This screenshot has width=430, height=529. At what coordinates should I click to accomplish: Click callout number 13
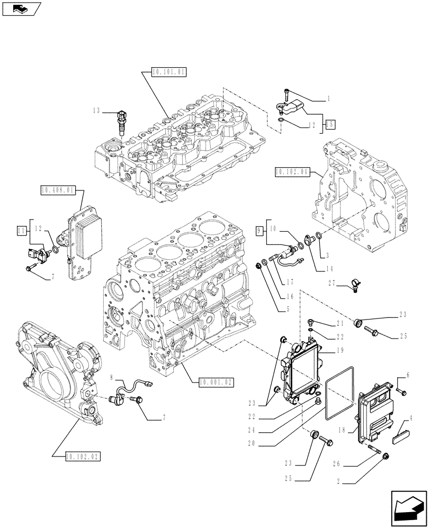[96, 111]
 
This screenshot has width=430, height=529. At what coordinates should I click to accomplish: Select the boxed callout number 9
[259, 230]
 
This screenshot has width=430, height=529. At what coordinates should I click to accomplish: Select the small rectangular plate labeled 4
[401, 437]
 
